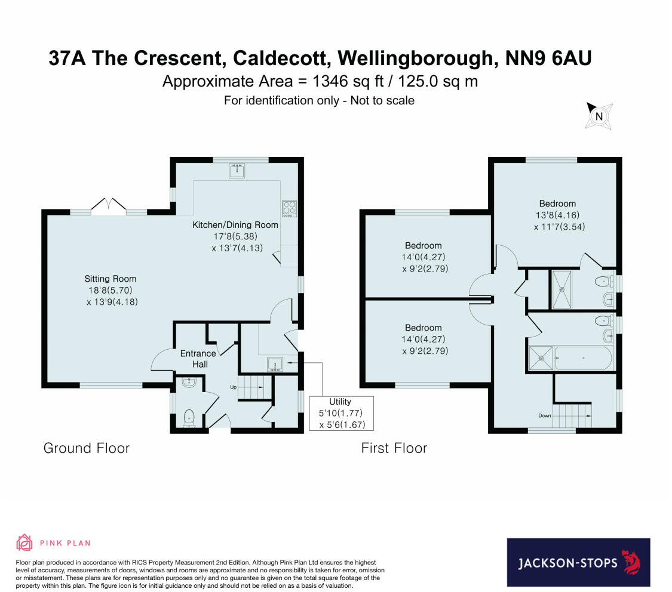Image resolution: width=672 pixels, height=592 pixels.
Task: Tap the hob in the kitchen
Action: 289,208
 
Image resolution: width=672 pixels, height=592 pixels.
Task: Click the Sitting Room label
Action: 110,279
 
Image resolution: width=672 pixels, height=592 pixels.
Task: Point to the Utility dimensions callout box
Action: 342,413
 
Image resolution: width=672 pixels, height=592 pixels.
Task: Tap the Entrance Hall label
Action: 198,359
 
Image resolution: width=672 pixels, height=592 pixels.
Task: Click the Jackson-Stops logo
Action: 578,562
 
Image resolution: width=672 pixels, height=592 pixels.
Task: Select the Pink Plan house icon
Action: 24,542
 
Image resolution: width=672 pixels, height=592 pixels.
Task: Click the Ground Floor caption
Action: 86,448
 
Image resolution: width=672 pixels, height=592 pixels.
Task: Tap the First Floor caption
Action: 394,448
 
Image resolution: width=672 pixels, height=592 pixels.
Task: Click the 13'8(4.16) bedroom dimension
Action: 557,215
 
